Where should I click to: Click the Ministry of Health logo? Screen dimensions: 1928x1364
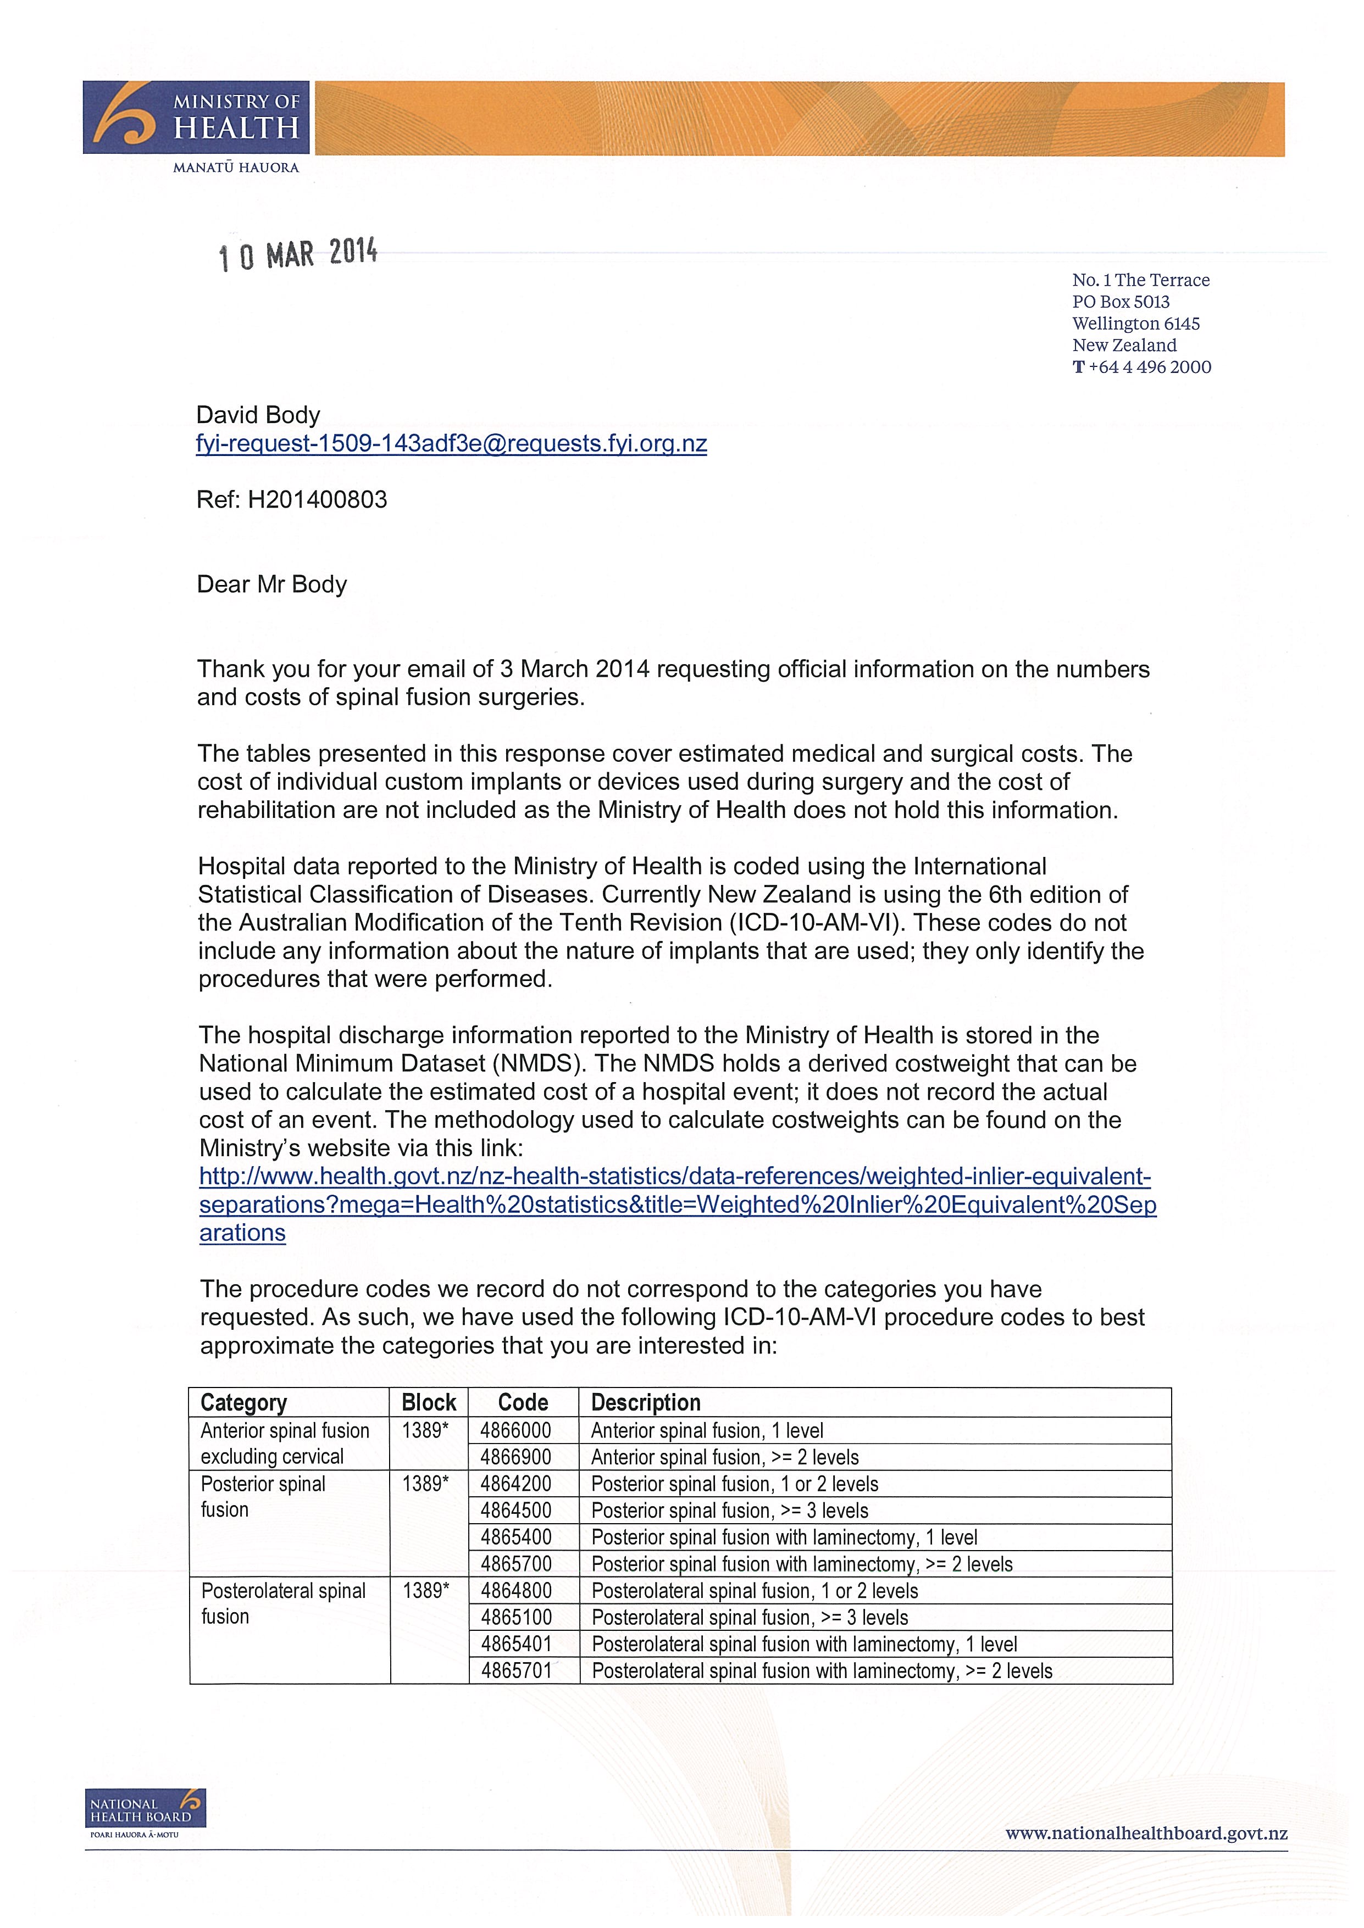click(x=196, y=118)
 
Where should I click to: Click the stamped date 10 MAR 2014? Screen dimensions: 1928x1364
click(x=298, y=254)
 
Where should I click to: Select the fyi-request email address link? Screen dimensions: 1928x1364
click(x=451, y=444)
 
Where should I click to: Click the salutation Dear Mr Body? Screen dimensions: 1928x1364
click(x=271, y=584)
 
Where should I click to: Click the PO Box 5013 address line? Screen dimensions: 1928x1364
click(x=1121, y=302)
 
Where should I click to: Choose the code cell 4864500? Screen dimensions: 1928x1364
click(x=515, y=1511)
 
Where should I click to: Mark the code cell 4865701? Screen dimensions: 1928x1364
click(x=515, y=1671)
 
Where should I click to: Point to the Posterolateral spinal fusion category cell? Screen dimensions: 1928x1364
click(x=283, y=1604)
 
